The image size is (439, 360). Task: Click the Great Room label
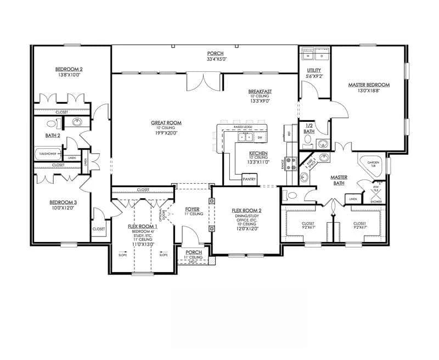[166, 123]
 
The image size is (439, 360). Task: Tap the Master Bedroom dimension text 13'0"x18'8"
[369, 91]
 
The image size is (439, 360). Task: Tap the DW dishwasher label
[260, 137]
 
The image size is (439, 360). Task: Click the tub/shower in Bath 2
[48, 154]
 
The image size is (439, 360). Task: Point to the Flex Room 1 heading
[143, 226]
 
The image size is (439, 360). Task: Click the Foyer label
[192, 209]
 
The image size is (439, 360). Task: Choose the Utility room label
[314, 70]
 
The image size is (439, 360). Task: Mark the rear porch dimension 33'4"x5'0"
[217, 59]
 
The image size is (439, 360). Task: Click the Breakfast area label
[260, 91]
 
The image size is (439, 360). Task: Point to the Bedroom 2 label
[69, 69]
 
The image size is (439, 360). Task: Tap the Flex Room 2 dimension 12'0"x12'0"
[246, 229]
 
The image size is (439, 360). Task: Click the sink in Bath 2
[77, 122]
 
